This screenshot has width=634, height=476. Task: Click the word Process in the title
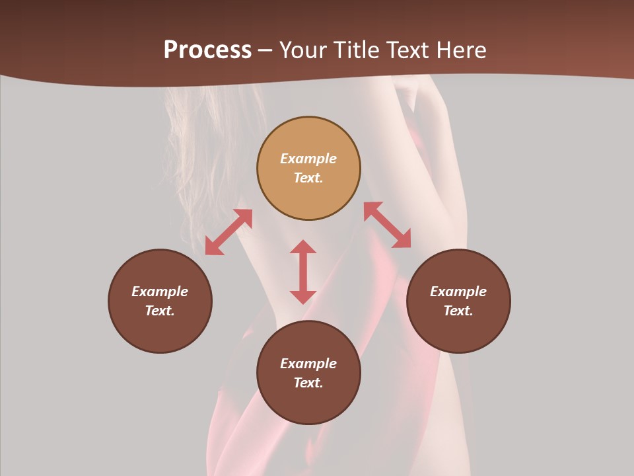207,50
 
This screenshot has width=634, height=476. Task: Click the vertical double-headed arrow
303,272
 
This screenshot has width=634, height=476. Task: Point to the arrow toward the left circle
229,232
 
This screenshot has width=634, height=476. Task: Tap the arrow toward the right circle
388,225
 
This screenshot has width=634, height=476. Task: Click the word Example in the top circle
308,159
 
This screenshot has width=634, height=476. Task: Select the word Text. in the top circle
308,178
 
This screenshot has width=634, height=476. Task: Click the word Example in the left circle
160,292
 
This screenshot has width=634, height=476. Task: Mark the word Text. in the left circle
160,311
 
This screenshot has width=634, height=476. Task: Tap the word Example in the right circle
458,292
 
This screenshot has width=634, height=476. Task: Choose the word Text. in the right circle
458,311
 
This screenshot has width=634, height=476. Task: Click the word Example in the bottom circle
308,364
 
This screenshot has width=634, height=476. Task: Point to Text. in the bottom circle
308,383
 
